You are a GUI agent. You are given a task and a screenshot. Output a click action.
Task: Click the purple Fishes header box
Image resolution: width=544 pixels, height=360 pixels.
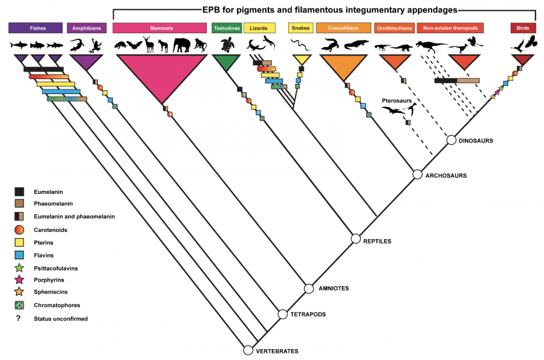(36, 28)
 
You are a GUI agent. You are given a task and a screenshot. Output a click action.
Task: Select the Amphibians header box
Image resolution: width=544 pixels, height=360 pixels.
(87, 28)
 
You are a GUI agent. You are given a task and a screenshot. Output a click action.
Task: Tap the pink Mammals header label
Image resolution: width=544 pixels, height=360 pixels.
(160, 28)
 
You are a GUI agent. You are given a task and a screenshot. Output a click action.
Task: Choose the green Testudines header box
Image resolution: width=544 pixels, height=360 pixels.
(227, 28)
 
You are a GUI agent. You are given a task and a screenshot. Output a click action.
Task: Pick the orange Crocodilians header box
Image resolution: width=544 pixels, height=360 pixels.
(343, 28)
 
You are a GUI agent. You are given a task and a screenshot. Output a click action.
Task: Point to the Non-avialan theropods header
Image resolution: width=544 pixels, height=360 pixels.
(446, 28)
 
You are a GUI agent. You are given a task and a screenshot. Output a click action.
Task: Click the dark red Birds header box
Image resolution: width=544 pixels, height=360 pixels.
(523, 28)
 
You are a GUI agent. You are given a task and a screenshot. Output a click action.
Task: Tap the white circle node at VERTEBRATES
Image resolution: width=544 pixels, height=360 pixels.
(248, 350)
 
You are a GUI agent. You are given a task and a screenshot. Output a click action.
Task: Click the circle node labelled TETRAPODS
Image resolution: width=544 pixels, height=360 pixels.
(282, 314)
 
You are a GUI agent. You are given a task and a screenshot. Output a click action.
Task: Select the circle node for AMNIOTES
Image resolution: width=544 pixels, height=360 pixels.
(309, 289)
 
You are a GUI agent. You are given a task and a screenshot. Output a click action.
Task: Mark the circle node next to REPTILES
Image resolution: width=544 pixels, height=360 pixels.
(356, 239)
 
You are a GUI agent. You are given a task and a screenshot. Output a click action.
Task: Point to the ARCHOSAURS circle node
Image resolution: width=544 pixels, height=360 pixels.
(417, 175)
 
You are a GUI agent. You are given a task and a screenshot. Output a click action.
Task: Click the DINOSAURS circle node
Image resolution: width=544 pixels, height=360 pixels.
(451, 140)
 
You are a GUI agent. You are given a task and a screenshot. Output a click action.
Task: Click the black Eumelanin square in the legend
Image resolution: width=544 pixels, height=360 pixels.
(19, 191)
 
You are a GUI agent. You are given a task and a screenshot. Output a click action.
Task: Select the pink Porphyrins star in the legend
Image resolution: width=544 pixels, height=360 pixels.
(19, 280)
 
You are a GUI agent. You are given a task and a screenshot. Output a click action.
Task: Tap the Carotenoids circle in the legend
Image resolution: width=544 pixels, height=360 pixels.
(19, 230)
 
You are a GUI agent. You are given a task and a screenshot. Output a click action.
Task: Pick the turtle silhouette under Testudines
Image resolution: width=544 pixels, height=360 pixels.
(228, 45)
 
